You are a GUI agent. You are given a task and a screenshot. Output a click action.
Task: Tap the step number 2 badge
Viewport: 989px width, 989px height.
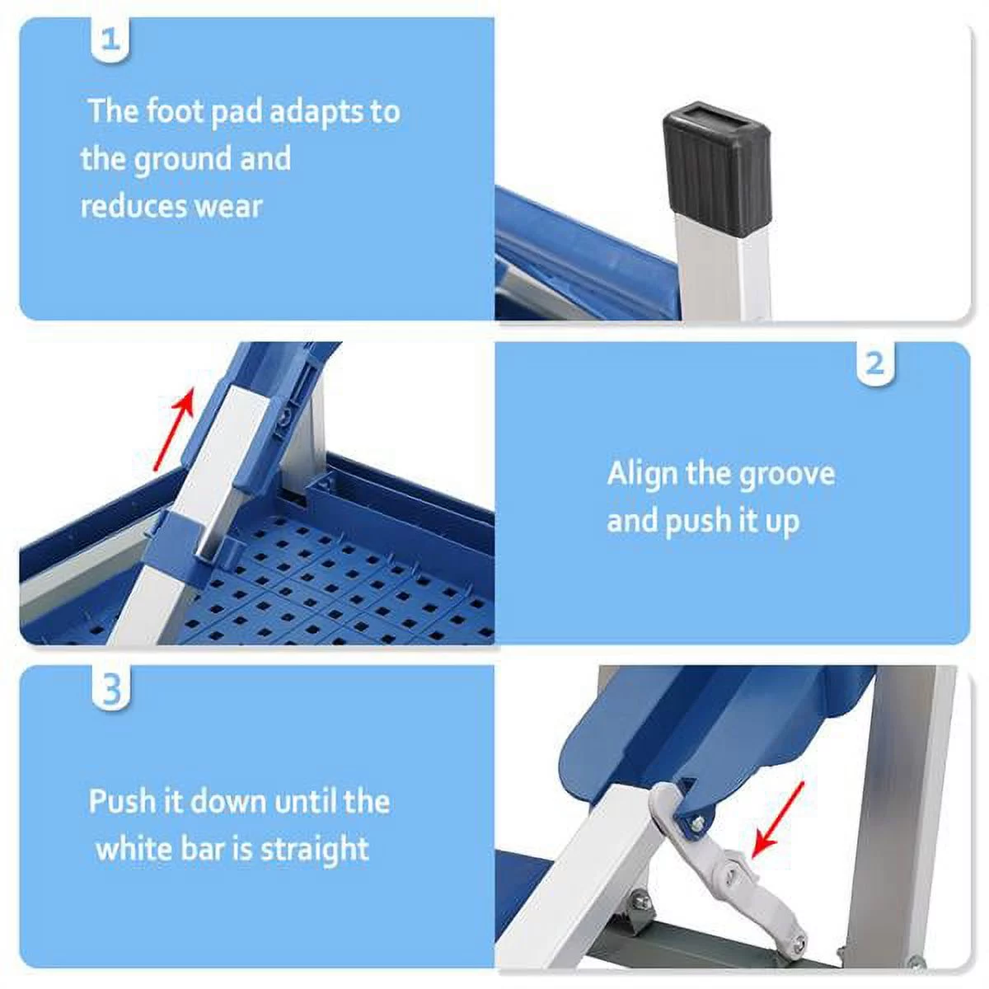[875, 363]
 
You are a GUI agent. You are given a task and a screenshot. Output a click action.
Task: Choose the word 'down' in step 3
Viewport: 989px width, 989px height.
[226, 801]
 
